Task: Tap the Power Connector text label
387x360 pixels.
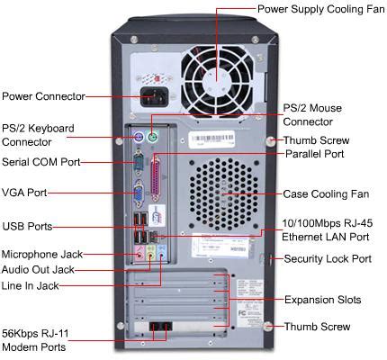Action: click(43, 96)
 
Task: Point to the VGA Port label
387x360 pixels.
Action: click(24, 192)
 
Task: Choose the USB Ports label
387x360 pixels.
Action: click(27, 226)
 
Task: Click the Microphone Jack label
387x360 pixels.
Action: click(41, 254)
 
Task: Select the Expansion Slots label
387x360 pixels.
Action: click(321, 299)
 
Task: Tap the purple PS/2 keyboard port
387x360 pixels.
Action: click(138, 138)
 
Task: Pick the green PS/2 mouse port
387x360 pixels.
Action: click(154, 138)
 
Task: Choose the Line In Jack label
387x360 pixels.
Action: click(31, 284)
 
